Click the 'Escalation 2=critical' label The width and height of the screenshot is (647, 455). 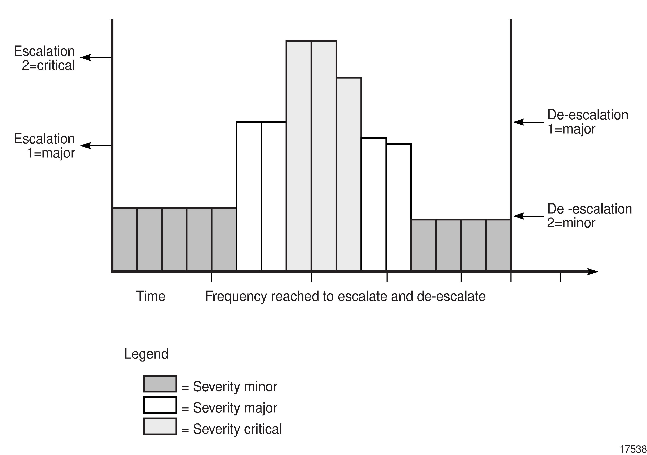45,58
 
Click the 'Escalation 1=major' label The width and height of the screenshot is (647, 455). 45,146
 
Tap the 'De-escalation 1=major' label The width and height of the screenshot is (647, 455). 587,122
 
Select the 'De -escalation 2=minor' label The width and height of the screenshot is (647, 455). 589,216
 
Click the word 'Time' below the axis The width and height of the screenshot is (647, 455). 150,296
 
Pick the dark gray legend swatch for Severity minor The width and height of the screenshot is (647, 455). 160,384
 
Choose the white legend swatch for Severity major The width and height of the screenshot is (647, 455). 160,405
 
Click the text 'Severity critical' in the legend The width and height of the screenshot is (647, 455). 237,429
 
